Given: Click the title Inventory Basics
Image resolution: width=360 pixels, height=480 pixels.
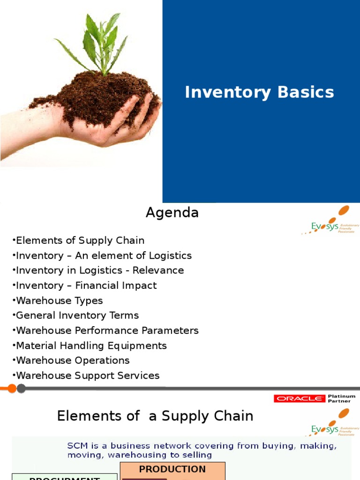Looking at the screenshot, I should pyautogui.click(x=259, y=92).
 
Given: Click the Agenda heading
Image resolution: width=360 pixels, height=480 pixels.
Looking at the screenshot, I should pyautogui.click(x=172, y=213).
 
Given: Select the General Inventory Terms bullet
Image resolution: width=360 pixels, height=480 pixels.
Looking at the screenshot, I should pyautogui.click(x=76, y=315).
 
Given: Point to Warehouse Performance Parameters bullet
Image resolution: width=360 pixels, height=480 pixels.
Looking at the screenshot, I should pyautogui.click(x=106, y=330).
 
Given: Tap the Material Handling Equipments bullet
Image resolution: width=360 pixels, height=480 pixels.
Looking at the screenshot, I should pyautogui.click(x=90, y=345).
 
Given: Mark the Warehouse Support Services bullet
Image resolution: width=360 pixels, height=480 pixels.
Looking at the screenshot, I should pyautogui.click(x=86, y=375).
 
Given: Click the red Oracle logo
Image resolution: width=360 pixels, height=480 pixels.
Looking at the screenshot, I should pyautogui.click(x=299, y=398).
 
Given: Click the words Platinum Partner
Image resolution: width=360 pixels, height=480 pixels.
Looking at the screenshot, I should pyautogui.click(x=341, y=398).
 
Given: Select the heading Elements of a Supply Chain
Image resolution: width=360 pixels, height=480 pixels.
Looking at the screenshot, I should pyautogui.click(x=155, y=416).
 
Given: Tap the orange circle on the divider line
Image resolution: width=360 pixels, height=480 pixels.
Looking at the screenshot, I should pyautogui.click(x=12, y=388).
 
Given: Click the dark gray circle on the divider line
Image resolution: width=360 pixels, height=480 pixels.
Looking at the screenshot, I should pyautogui.click(x=21, y=388).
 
